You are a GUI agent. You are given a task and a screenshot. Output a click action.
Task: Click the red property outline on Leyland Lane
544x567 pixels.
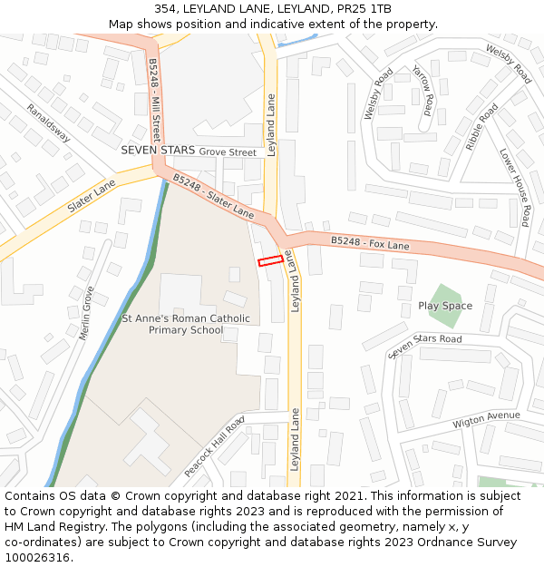pos(269,261)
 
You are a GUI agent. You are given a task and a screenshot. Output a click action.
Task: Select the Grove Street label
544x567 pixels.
pos(228,152)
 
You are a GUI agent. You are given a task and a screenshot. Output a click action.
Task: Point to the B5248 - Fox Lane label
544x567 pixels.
pos(370,243)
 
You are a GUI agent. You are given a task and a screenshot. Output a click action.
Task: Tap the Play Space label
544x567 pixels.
pos(445,306)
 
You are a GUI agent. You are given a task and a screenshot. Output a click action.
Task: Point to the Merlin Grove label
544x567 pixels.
pos(87,312)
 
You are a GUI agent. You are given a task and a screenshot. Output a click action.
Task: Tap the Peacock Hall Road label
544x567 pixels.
pos(215,447)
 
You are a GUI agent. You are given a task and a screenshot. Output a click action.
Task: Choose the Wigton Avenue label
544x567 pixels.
pos(487,420)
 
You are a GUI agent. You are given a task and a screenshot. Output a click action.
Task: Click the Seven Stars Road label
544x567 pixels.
pos(424,346)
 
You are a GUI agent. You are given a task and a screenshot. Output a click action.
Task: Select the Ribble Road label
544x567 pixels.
pos(481,126)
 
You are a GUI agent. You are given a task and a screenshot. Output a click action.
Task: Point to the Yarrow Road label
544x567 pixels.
pos(423,86)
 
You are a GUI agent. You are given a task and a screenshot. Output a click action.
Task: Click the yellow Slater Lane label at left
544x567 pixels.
pos(92,196)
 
